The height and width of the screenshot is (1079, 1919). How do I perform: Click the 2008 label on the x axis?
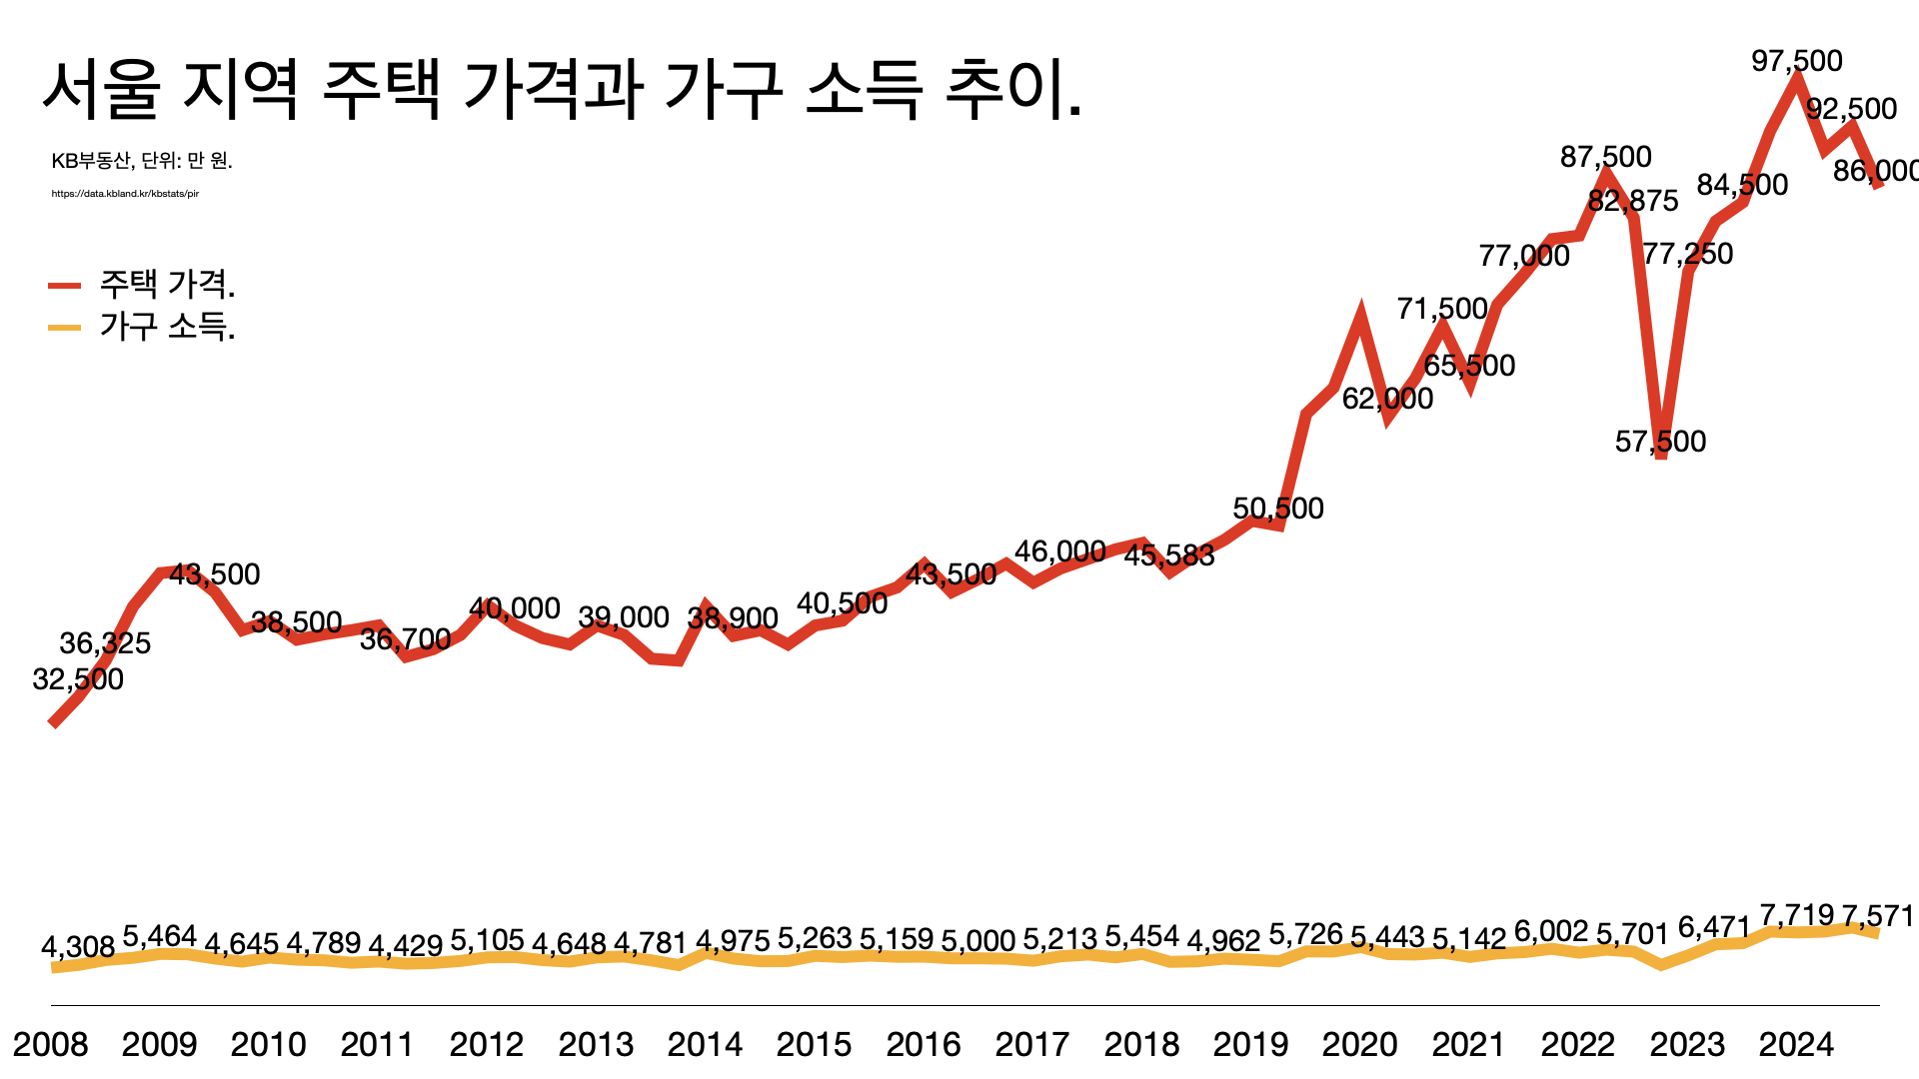tap(50, 1044)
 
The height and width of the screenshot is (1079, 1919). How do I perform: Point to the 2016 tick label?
tap(923, 1044)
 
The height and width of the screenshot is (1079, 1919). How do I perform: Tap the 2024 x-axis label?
tap(1796, 1044)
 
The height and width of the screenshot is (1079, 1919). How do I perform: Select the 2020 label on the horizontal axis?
tap(1359, 1044)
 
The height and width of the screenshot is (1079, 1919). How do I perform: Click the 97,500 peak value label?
tap(1796, 61)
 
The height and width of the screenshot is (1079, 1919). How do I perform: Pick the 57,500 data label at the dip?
tap(1660, 442)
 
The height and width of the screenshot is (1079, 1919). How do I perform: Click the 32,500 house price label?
tap(78, 679)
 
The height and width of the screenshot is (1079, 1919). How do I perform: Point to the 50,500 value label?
tap(1277, 509)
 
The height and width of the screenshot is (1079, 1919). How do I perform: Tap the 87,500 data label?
tap(1605, 157)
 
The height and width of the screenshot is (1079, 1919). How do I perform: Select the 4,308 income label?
tap(78, 946)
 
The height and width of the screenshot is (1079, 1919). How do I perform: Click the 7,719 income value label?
tap(1796, 915)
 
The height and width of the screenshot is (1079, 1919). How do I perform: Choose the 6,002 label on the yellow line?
tap(1550, 932)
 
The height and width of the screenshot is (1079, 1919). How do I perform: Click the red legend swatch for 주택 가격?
tap(65, 286)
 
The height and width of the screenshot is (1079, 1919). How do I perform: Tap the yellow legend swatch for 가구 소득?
tap(65, 328)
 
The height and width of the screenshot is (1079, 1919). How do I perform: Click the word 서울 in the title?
tap(101, 90)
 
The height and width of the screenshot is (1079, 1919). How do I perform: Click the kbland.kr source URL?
tap(125, 194)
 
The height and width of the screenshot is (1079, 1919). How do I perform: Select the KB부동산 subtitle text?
tap(90, 161)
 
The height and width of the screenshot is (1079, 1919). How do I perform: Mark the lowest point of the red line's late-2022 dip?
tap(1661, 456)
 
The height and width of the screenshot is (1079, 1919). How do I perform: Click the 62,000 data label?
tap(1387, 399)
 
